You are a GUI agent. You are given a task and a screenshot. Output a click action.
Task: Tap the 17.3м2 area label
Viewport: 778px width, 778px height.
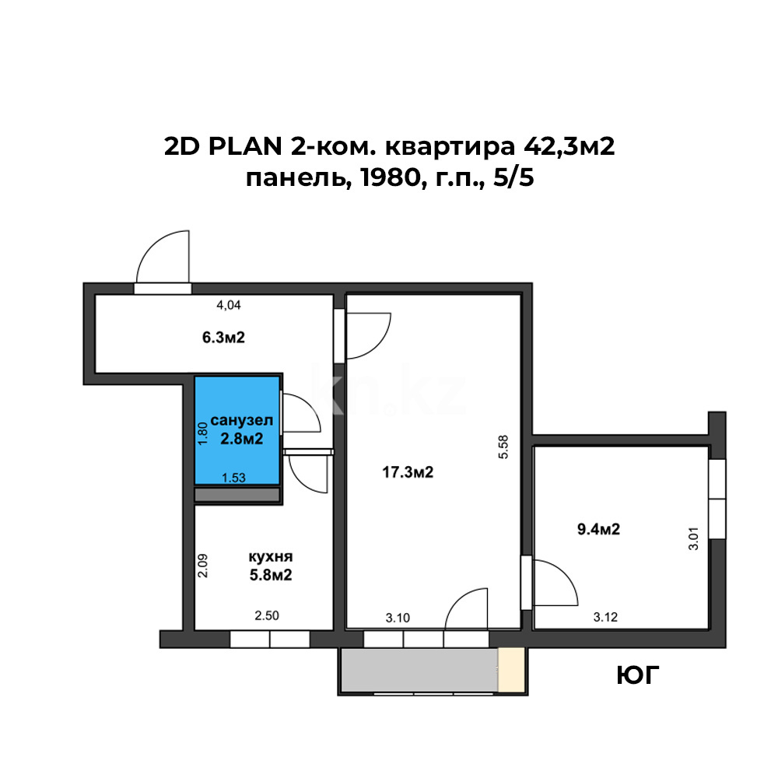408,471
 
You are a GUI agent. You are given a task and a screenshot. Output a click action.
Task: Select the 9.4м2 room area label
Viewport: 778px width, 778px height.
598,530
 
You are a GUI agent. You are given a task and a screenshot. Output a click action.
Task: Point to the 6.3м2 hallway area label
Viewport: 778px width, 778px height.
224,338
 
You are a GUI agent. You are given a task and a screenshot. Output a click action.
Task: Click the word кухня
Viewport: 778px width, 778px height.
271,558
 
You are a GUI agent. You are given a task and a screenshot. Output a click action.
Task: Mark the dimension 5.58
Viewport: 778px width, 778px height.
503,448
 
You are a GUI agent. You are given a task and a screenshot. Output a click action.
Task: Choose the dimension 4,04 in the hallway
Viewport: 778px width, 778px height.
227,306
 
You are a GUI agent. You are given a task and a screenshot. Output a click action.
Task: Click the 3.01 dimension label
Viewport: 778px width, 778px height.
694,539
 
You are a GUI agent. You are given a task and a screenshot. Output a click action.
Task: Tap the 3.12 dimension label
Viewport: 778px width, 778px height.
606,618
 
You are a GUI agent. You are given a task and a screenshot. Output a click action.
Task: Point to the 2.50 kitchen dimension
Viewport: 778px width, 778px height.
267,616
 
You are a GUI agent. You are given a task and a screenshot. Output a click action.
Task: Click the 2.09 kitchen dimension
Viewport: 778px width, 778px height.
202,565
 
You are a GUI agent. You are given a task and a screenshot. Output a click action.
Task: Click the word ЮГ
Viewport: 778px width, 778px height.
638,675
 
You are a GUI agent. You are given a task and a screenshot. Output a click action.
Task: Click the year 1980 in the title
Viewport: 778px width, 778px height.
373,180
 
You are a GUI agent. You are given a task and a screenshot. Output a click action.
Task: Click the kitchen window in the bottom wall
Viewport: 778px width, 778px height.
269,640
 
